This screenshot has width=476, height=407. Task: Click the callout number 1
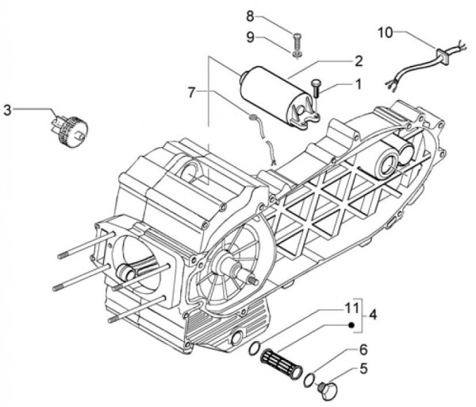[x=358, y=82]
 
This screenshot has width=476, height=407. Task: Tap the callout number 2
[x=359, y=60]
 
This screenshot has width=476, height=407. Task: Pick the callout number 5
[x=364, y=369]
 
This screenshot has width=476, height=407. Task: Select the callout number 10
[x=384, y=33]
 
